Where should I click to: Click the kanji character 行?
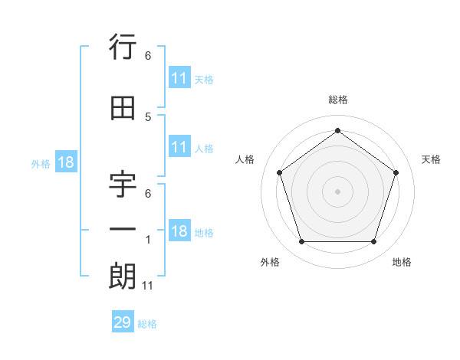click(123, 49)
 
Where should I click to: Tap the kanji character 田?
click(123, 108)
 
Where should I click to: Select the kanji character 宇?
click(123, 187)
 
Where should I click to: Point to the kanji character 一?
click(123, 230)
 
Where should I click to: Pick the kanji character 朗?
click(123, 276)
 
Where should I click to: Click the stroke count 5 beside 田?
click(148, 117)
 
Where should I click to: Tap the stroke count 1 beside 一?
click(148, 241)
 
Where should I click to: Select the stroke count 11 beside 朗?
click(149, 286)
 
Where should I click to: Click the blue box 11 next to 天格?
click(179, 78)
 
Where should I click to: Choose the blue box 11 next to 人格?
click(179, 148)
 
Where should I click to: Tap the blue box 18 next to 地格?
click(179, 232)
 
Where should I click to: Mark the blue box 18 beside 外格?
click(65, 162)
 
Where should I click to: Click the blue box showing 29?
click(123, 322)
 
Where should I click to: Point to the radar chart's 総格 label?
click(337, 100)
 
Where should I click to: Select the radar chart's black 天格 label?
click(431, 159)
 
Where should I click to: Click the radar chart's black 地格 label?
click(402, 262)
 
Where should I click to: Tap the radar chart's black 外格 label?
click(270, 262)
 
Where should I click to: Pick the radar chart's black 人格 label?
click(245, 159)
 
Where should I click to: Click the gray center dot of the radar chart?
click(337, 191)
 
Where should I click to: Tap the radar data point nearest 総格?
click(337, 130)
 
